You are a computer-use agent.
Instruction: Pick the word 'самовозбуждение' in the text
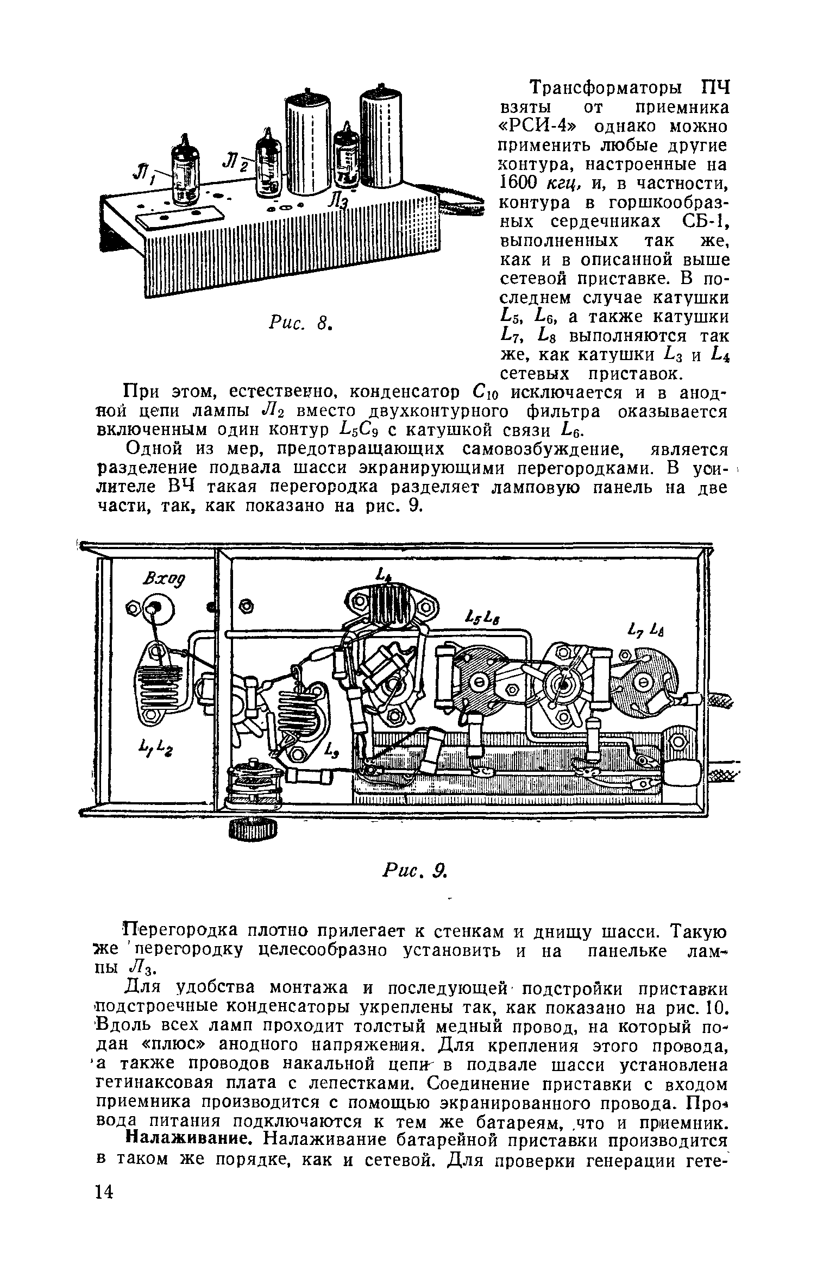(x=536, y=449)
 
